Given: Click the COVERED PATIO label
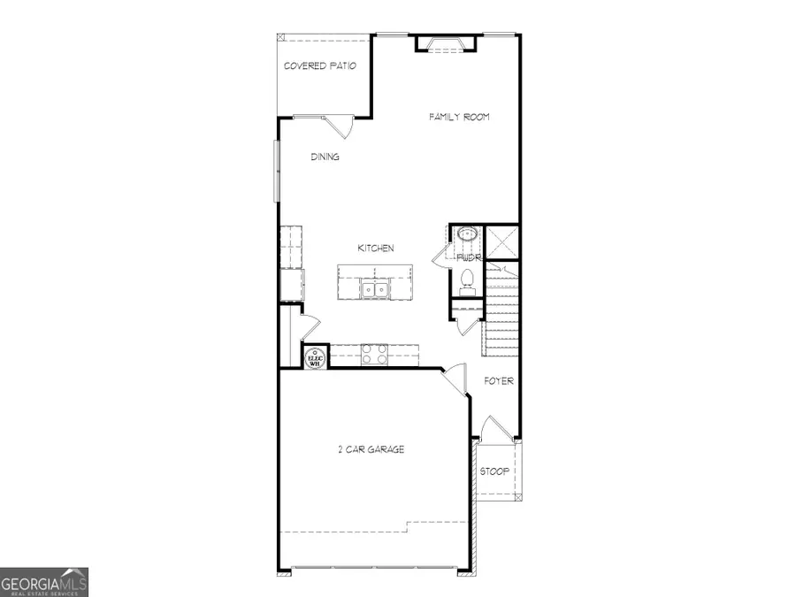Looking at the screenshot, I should (x=319, y=66).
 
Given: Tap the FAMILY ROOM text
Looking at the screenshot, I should (x=459, y=117).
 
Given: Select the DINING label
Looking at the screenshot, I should (x=325, y=157).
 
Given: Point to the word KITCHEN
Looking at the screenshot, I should (x=375, y=249).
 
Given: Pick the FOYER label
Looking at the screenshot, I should (x=498, y=381).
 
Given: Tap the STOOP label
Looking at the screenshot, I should (x=494, y=471).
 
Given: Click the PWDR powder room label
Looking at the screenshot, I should (x=468, y=257).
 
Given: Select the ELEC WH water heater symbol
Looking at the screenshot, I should (x=315, y=356).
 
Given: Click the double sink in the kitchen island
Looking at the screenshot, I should (x=376, y=289).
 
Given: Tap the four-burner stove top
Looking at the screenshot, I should (x=373, y=355).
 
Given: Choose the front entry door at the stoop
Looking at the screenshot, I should (x=494, y=430).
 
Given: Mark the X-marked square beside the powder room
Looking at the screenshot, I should (x=502, y=241).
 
